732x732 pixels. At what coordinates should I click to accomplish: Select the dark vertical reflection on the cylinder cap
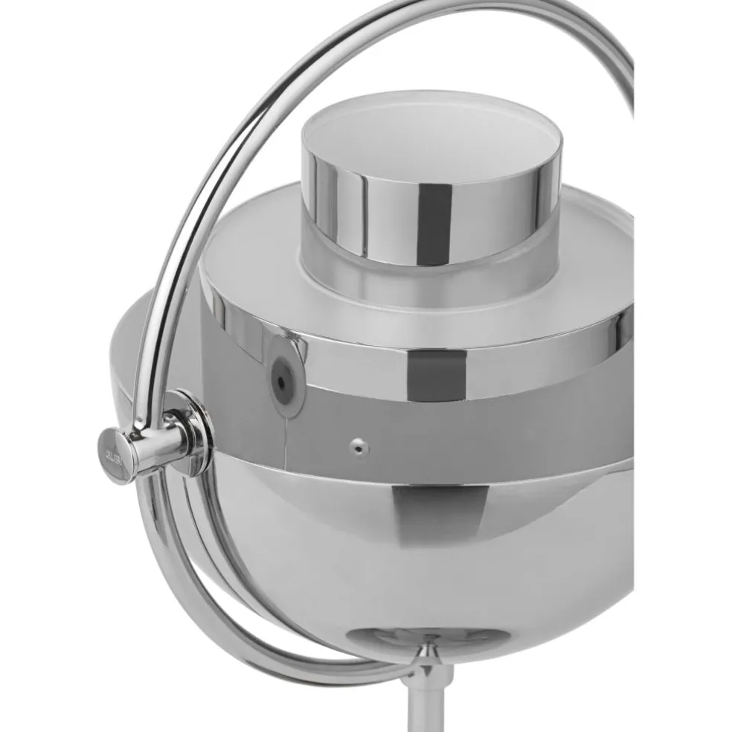pyautogui.click(x=435, y=216)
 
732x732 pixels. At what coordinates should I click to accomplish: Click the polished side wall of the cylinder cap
pyautogui.click(x=357, y=212)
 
